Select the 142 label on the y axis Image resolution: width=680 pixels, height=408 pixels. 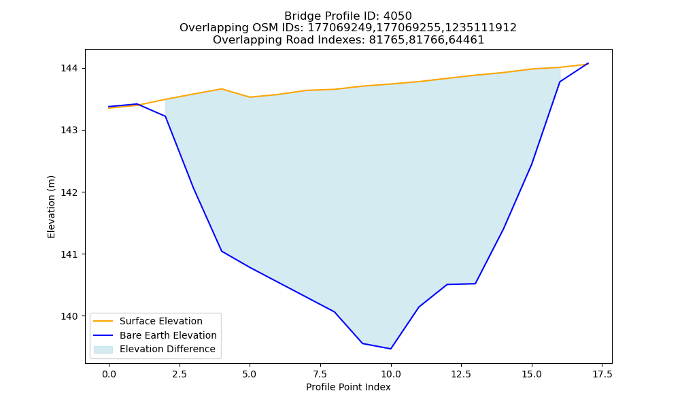click(69, 192)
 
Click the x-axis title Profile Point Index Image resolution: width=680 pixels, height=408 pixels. click(348, 387)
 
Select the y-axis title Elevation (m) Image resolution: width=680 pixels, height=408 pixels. click(51, 207)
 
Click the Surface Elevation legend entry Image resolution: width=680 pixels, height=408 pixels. click(161, 321)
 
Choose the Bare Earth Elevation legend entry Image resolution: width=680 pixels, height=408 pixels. click(168, 335)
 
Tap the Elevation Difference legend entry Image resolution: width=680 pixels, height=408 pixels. click(167, 349)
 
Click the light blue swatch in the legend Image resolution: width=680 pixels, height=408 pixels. click(103, 350)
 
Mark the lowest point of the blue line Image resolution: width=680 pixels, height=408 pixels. click(391, 349)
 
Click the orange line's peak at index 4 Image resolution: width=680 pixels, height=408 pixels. click(222, 89)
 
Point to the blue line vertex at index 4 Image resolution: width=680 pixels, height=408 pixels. click(222, 251)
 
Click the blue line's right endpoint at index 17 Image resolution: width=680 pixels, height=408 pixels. click(588, 63)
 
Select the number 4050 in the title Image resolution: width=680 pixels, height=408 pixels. click(397, 16)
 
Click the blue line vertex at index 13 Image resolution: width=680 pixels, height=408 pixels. click(475, 284)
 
